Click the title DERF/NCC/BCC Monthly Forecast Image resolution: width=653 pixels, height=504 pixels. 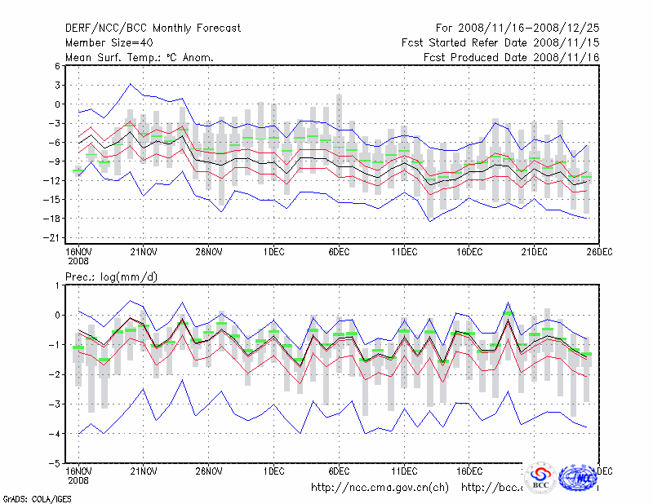[x=153, y=28]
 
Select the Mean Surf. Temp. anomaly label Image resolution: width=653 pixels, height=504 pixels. [x=139, y=57]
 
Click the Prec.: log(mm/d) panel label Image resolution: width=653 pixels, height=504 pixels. [x=112, y=277]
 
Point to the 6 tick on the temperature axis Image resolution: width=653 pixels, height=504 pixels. [x=57, y=66]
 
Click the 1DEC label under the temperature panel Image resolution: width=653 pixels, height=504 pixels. [x=273, y=251]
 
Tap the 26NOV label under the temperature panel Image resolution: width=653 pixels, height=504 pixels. [x=209, y=251]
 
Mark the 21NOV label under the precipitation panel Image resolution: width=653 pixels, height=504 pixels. [x=144, y=471]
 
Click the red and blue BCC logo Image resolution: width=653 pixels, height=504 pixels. [x=540, y=477]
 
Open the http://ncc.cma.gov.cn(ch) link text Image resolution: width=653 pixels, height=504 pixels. [x=380, y=488]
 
